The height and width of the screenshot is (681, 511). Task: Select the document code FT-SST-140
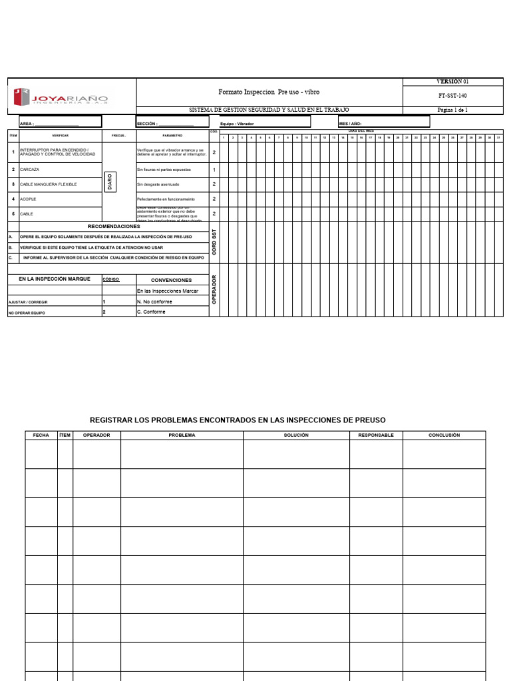[452, 96]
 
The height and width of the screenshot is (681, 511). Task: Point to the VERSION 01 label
[452, 81]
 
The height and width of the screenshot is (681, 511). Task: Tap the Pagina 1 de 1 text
[452, 110]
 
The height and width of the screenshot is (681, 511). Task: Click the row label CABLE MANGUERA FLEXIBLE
[49, 184]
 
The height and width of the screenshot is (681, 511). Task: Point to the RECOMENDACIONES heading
[114, 226]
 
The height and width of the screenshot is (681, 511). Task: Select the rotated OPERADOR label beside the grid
[214, 289]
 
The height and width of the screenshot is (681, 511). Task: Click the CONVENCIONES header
[171, 280]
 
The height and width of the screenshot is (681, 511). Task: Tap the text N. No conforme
[154, 301]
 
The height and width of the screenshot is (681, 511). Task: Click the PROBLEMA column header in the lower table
[182, 435]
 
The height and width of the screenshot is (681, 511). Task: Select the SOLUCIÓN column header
[296, 435]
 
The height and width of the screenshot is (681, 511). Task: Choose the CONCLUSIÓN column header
[444, 435]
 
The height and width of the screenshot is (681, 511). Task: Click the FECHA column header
[41, 435]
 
